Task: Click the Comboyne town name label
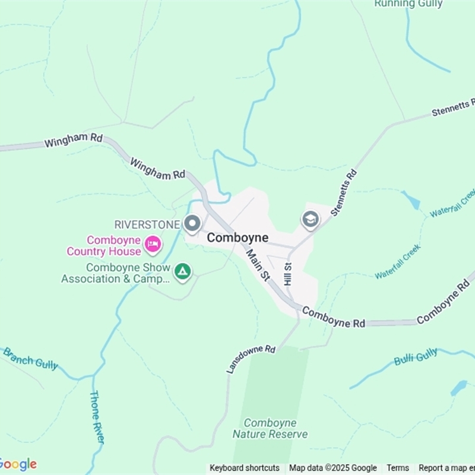(x=237, y=237)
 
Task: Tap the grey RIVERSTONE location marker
(x=192, y=224)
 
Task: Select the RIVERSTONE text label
(x=147, y=224)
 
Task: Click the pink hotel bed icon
(x=153, y=243)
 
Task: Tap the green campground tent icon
(x=183, y=272)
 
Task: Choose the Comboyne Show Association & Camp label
(x=116, y=273)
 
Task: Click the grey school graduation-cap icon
(x=310, y=220)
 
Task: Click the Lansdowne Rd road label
(x=251, y=359)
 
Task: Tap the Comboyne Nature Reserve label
(x=270, y=429)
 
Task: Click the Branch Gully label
(x=30, y=359)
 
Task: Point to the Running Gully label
(x=408, y=4)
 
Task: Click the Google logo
(x=18, y=464)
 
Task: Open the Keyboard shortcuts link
(x=245, y=468)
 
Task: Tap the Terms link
(x=398, y=468)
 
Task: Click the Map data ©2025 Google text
(x=333, y=468)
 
